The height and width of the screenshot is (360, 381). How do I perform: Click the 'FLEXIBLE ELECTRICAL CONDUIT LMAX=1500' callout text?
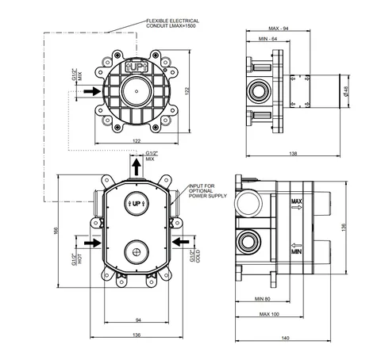[172, 23]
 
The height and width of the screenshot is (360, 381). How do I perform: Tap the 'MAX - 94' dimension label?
[279, 29]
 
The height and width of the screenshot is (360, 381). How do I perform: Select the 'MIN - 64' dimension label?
[267, 39]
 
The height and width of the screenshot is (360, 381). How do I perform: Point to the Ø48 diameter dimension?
[346, 91]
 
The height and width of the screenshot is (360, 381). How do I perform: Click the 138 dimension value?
[293, 153]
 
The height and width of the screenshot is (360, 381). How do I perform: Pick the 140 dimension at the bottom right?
[285, 338]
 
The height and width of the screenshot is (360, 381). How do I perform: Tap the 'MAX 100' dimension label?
[269, 314]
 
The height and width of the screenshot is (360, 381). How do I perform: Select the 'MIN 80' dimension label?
[263, 299]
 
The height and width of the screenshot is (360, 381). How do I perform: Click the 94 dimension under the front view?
[138, 320]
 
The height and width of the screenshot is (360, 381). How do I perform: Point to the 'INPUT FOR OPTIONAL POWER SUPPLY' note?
[208, 191]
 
